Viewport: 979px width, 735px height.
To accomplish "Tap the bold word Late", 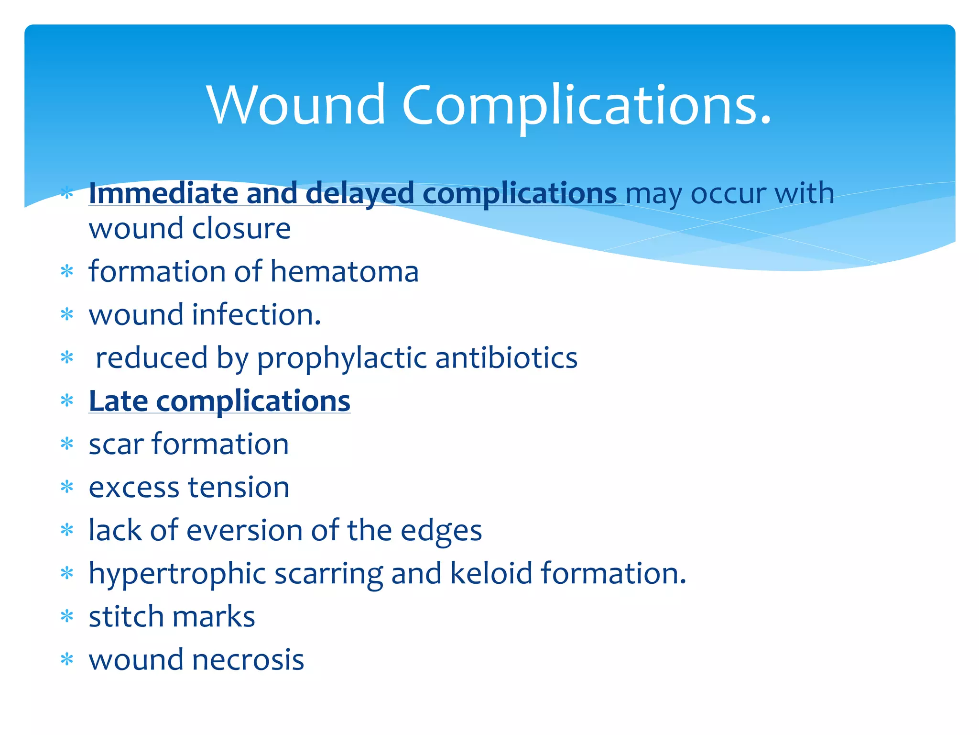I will [118, 401].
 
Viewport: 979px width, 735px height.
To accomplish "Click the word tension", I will [239, 488].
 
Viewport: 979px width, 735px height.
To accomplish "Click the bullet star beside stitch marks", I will [67, 616].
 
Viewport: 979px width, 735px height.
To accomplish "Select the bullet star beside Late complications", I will [67, 401].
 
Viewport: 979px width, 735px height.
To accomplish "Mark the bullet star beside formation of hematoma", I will [67, 271].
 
